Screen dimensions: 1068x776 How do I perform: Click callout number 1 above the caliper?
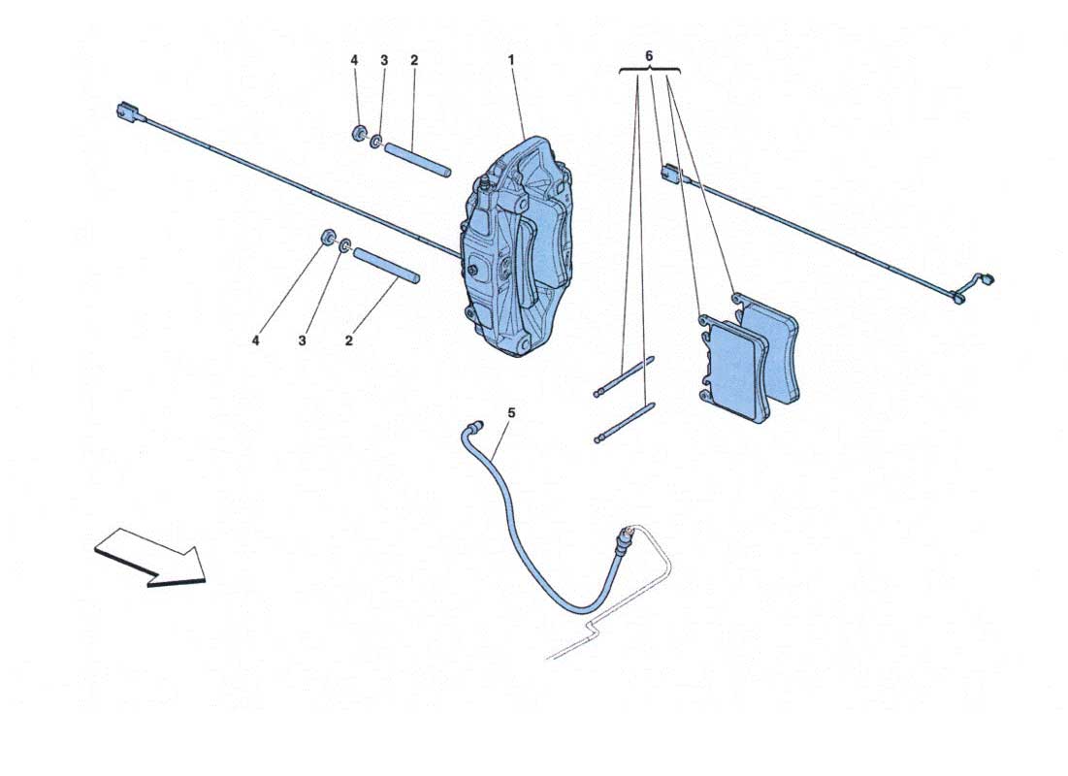[511, 60]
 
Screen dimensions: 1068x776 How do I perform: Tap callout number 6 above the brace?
[648, 55]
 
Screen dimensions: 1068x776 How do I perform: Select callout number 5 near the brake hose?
[511, 413]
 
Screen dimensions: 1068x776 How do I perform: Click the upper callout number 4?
[354, 60]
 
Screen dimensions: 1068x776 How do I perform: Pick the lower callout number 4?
[255, 339]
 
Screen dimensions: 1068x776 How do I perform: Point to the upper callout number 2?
[414, 60]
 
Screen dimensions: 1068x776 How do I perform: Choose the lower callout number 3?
[302, 339]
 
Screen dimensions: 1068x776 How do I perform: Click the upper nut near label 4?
[358, 133]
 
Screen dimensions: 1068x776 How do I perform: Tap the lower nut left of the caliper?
[329, 238]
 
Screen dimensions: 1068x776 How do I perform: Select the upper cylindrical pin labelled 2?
[417, 159]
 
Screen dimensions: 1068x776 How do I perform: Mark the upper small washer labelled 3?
[375, 142]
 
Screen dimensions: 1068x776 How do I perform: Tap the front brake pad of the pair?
[734, 368]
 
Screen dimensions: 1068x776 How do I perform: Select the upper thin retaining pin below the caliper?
[624, 376]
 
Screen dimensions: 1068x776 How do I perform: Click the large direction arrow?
[149, 557]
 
